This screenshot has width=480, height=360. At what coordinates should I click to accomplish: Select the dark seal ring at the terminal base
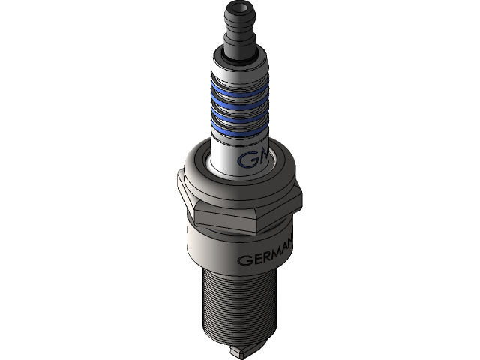(239, 56)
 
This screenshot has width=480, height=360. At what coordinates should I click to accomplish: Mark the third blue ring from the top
(238, 116)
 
